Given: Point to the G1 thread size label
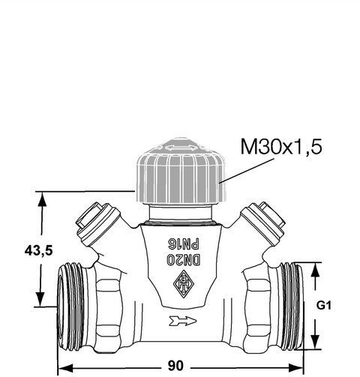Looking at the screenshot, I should (324, 305).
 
